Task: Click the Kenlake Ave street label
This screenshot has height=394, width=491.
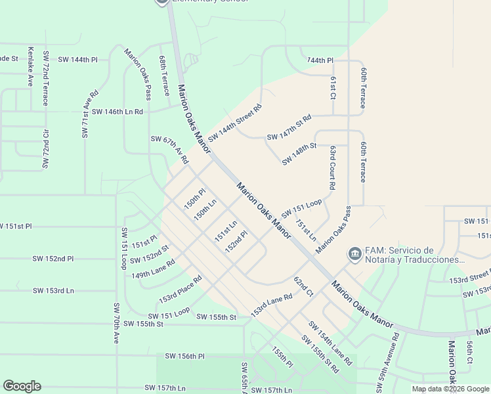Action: click(x=30, y=67)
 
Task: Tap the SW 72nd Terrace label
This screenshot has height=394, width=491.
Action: click(x=45, y=77)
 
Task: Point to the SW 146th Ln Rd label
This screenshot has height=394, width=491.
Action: click(x=117, y=112)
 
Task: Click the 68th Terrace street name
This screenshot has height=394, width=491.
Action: click(x=164, y=72)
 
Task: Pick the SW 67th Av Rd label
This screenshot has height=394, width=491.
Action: click(x=169, y=150)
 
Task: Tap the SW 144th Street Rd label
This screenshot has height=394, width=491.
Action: click(x=235, y=123)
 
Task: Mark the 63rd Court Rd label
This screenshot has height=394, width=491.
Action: click(x=333, y=168)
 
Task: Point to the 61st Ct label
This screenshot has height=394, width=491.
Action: click(x=333, y=87)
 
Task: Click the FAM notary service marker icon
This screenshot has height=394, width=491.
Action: click(x=354, y=253)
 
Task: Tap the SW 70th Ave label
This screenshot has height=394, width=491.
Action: click(x=116, y=324)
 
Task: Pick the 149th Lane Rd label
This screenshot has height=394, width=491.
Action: click(x=153, y=268)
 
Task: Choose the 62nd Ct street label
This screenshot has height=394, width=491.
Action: click(x=304, y=285)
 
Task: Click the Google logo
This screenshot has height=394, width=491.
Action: click(x=22, y=386)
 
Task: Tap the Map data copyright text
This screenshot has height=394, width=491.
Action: click(x=450, y=389)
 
